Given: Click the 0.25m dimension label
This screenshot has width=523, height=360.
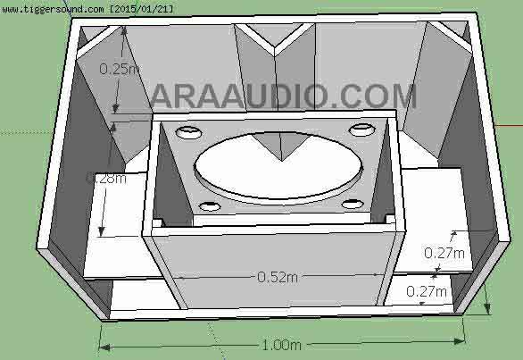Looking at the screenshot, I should [118, 68].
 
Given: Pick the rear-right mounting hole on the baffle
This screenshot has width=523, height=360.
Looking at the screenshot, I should [361, 130].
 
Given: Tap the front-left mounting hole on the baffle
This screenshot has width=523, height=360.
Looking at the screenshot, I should [210, 207].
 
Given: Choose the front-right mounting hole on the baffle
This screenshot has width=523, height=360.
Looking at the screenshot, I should [353, 204].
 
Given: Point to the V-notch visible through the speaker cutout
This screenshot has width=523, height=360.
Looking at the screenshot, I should [279, 145].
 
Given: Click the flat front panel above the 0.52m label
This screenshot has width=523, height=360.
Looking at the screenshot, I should [272, 250].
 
